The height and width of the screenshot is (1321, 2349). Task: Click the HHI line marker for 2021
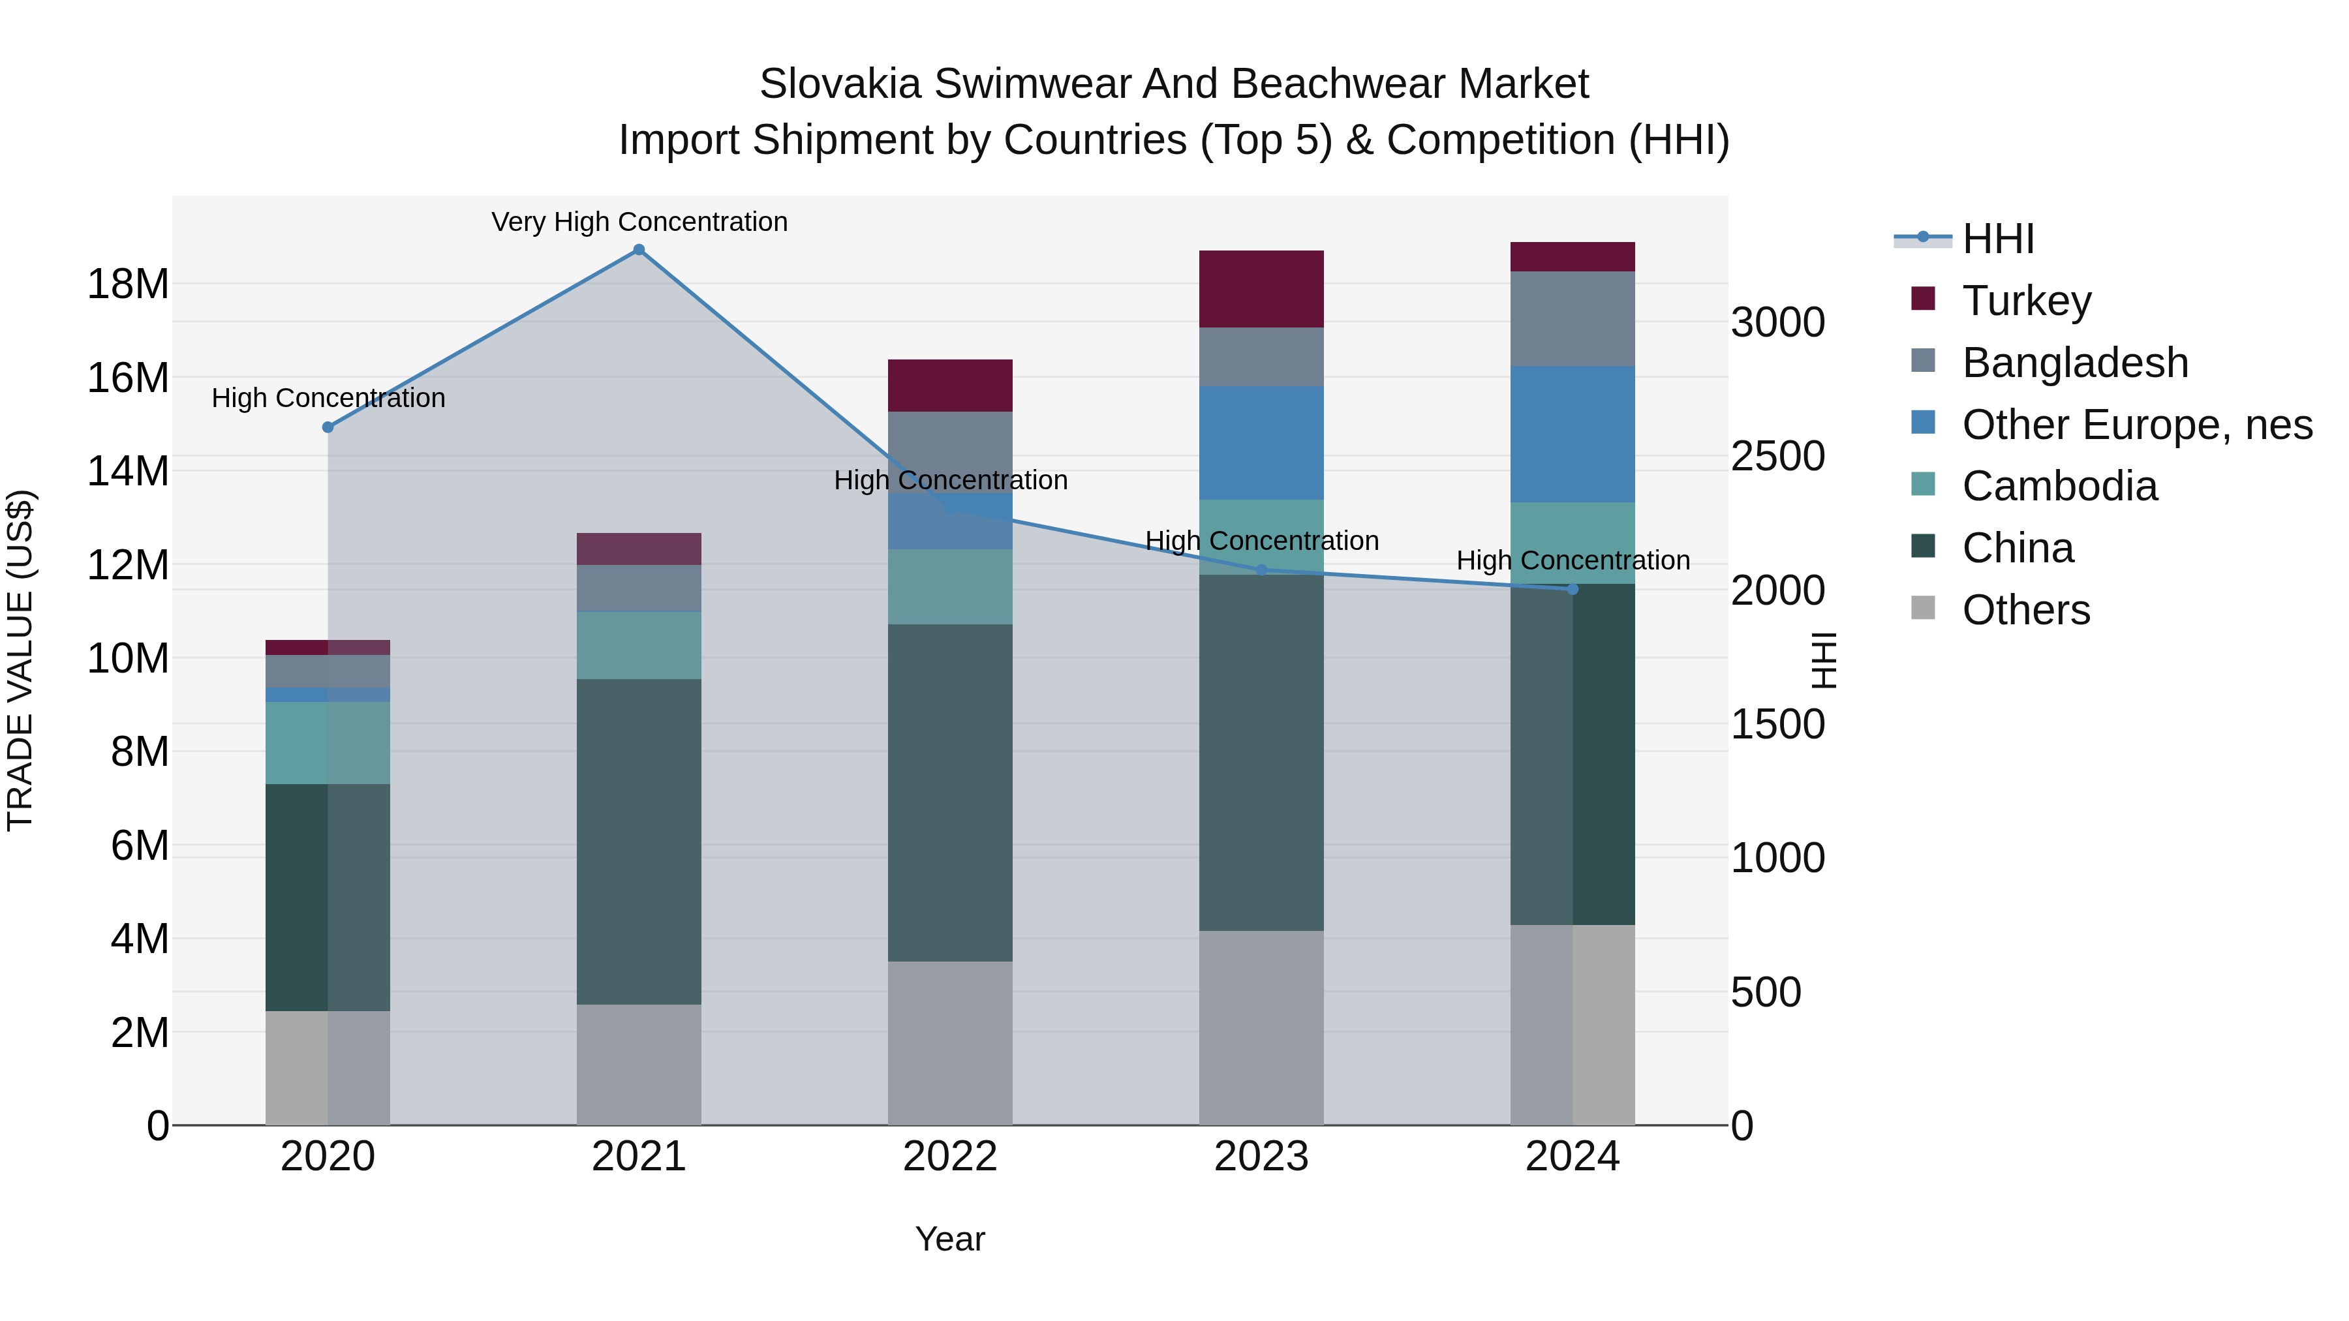[x=639, y=250]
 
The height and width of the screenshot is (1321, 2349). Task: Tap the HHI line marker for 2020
[x=328, y=427]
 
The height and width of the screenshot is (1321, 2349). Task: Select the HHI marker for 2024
[x=1572, y=589]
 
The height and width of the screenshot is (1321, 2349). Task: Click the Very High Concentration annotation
[x=639, y=222]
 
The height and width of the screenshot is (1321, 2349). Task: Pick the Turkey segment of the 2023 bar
[x=1261, y=289]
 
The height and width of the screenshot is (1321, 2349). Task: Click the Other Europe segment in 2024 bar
[x=1572, y=434]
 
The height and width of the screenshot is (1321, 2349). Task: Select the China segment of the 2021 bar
[x=639, y=841]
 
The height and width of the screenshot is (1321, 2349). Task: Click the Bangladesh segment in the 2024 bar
[x=1572, y=318]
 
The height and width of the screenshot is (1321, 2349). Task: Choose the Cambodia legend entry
[x=2059, y=486]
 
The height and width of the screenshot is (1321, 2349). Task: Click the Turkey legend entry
[x=2026, y=301]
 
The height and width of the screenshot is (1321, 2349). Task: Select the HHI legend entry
[x=1997, y=239]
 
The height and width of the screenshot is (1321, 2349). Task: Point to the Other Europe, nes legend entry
[x=2136, y=425]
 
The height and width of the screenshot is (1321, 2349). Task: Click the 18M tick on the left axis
[x=128, y=284]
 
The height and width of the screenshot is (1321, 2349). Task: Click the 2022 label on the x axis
[x=950, y=1157]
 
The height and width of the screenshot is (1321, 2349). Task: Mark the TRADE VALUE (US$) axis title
[x=20, y=660]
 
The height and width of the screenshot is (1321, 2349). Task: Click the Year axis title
[x=950, y=1239]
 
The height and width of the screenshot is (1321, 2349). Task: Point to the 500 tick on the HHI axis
[x=1766, y=992]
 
